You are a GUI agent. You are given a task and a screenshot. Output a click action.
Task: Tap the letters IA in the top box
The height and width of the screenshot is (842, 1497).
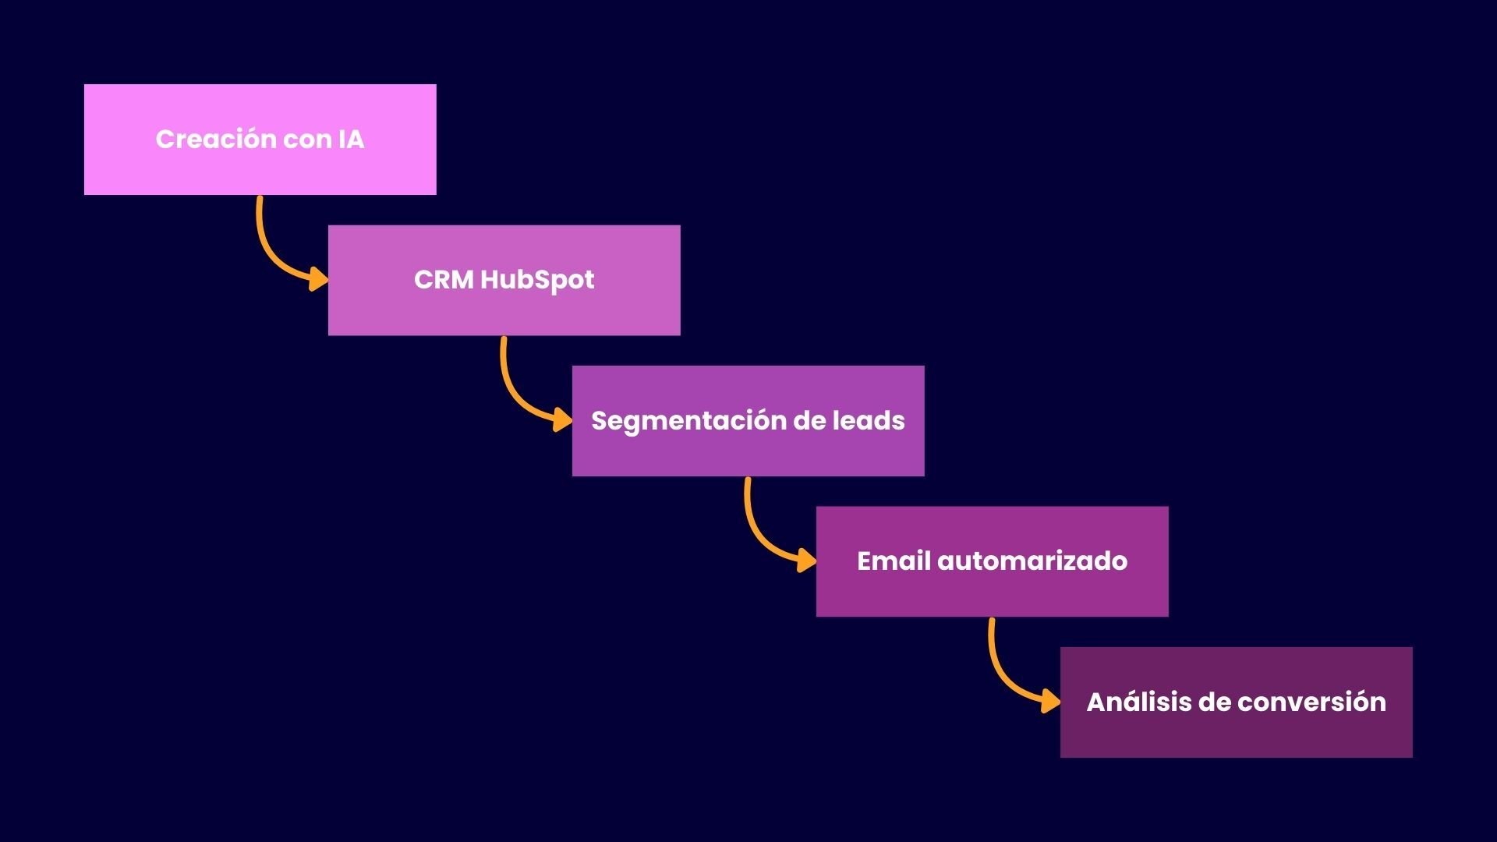coord(351,140)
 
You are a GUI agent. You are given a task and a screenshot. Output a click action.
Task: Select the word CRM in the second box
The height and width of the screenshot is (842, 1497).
coord(443,280)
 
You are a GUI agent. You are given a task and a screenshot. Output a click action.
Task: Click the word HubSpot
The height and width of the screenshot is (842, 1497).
coord(537,280)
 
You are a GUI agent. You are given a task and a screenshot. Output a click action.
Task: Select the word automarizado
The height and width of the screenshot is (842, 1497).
coord(1032,561)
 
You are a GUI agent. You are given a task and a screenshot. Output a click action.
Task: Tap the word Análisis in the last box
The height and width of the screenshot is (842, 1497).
coord(1138,702)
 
